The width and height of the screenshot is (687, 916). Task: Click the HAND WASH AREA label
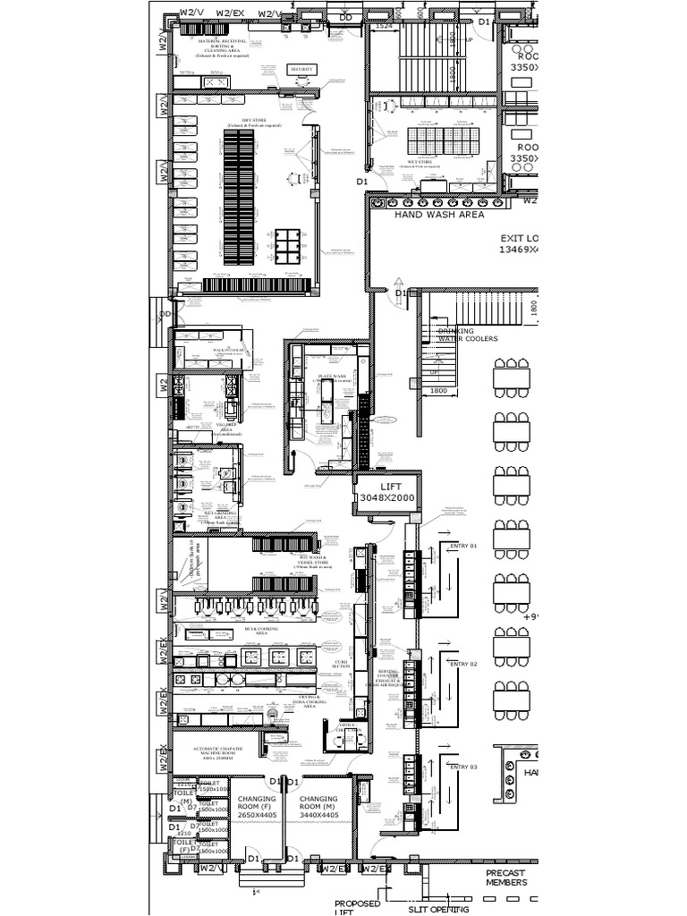coord(439,215)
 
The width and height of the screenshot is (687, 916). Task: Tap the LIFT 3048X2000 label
coord(386,490)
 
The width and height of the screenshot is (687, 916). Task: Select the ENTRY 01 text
coord(463,546)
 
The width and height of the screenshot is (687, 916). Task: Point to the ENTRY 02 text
coord(463,665)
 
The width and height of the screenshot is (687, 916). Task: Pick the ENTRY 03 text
coord(463,768)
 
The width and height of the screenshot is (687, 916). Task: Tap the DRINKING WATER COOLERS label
coord(467,335)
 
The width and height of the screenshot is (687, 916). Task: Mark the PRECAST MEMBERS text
coord(505,878)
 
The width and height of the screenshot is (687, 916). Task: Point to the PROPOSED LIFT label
coord(357,908)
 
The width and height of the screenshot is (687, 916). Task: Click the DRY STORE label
coord(254,122)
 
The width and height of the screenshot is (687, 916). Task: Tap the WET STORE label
coord(420,163)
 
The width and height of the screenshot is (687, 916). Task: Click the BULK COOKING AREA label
coord(261,631)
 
